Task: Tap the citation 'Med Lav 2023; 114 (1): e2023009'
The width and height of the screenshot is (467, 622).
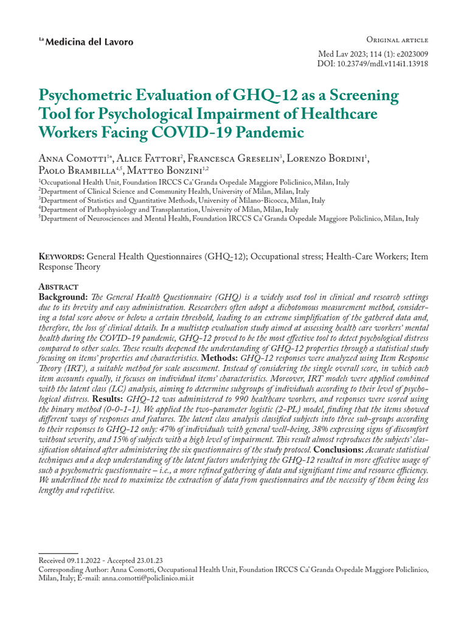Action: [x=373, y=53]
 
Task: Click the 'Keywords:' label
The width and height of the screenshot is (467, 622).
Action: [x=61, y=256]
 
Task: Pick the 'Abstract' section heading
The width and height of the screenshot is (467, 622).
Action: [x=58, y=286]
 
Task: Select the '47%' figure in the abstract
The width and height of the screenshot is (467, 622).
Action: [x=157, y=431]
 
